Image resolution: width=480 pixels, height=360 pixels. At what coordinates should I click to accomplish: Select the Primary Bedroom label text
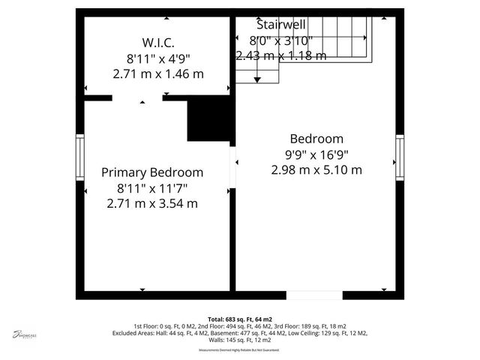pyautogui.click(x=152, y=172)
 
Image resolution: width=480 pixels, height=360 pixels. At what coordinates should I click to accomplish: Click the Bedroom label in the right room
pyautogui.click(x=316, y=139)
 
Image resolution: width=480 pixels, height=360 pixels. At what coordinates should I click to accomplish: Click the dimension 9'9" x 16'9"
pyautogui.click(x=316, y=154)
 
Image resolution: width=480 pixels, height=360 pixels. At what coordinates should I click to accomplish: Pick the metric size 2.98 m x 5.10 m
pyautogui.click(x=316, y=170)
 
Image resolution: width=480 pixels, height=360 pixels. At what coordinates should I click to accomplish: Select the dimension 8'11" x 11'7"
pyautogui.click(x=152, y=188)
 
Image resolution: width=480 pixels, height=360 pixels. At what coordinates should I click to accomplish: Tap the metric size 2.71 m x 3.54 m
pyautogui.click(x=152, y=203)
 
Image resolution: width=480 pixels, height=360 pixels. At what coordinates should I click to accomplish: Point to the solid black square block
pyautogui.click(x=209, y=119)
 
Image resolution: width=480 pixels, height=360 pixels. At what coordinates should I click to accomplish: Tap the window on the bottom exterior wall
pyautogui.click(x=315, y=295)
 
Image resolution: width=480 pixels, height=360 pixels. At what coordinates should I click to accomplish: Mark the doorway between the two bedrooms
pyautogui.click(x=233, y=161)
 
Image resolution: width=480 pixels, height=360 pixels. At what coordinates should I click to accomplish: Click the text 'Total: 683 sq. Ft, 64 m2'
pyautogui.click(x=240, y=319)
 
